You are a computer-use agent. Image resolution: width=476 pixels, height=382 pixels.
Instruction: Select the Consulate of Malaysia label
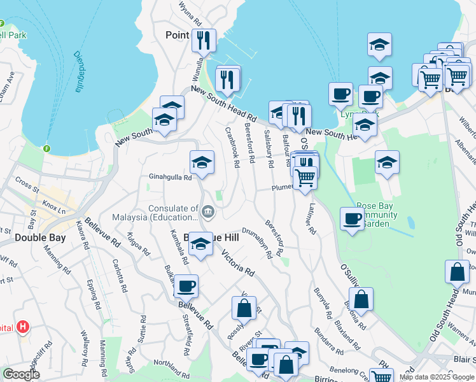click(x=173, y=213)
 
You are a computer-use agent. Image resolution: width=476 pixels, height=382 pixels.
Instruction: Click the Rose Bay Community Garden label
click(x=386, y=215)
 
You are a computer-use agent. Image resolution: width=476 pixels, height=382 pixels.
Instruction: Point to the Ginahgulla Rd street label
click(x=170, y=178)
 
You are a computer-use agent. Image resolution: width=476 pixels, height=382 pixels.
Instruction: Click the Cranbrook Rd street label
click(x=231, y=146)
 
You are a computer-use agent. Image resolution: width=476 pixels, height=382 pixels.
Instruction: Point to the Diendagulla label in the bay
click(x=78, y=71)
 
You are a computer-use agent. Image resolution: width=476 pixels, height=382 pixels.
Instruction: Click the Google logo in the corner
click(x=21, y=374)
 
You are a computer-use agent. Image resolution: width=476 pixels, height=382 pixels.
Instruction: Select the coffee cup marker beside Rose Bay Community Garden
click(x=353, y=220)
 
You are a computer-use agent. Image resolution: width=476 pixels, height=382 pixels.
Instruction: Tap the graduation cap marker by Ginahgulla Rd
click(x=202, y=163)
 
